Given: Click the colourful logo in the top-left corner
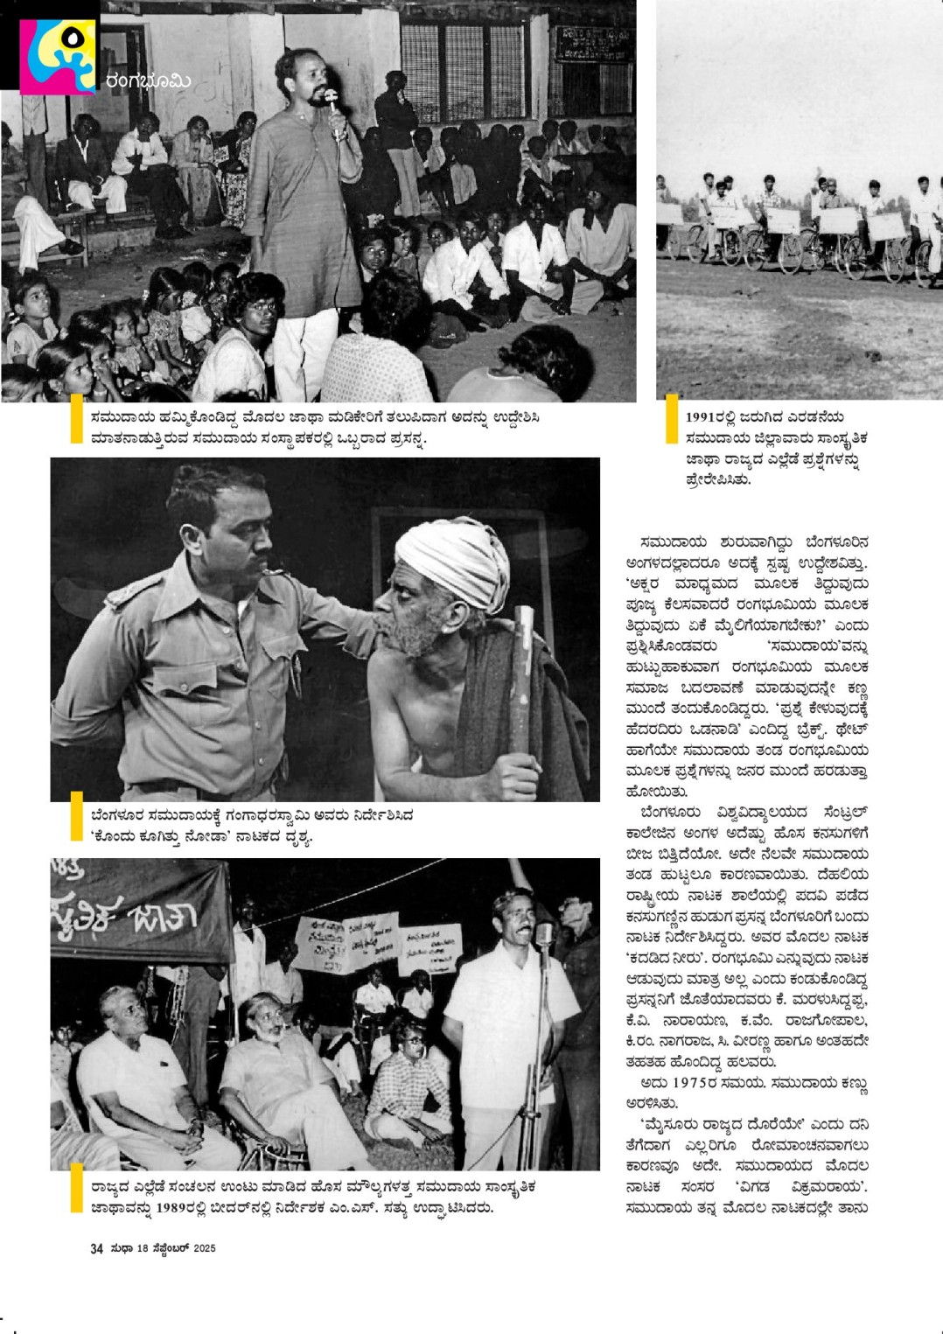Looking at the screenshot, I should [x=58, y=55].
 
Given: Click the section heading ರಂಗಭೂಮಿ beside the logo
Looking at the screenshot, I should [x=148, y=81].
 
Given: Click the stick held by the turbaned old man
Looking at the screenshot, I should [x=523, y=682].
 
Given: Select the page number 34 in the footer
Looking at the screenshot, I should [x=96, y=1248].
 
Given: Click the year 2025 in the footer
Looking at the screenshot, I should [x=204, y=1248].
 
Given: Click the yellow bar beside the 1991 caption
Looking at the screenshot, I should [x=672, y=418].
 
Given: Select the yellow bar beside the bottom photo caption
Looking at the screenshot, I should [x=76, y=1187].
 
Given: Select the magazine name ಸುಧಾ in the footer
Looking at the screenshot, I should [x=122, y=1248].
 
